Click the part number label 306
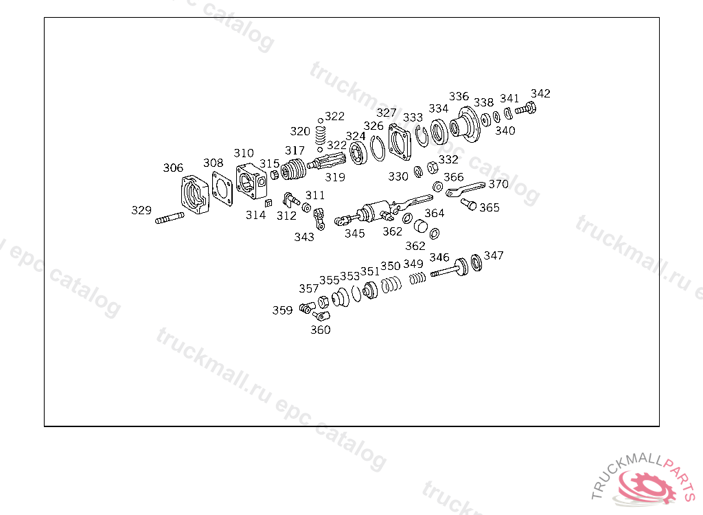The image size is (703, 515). tap(173, 168)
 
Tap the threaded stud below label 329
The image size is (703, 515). tap(169, 220)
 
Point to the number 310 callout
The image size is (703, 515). tap(244, 153)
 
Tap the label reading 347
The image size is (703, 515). tap(494, 255)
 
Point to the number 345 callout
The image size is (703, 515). tap(355, 233)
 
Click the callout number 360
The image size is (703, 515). tap(321, 330)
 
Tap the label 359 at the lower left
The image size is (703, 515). tap(282, 310)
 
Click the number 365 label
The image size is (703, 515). tap(489, 207)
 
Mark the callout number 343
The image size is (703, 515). tap(304, 237)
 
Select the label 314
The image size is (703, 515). tap(256, 215)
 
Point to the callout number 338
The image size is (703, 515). tap(484, 102)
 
